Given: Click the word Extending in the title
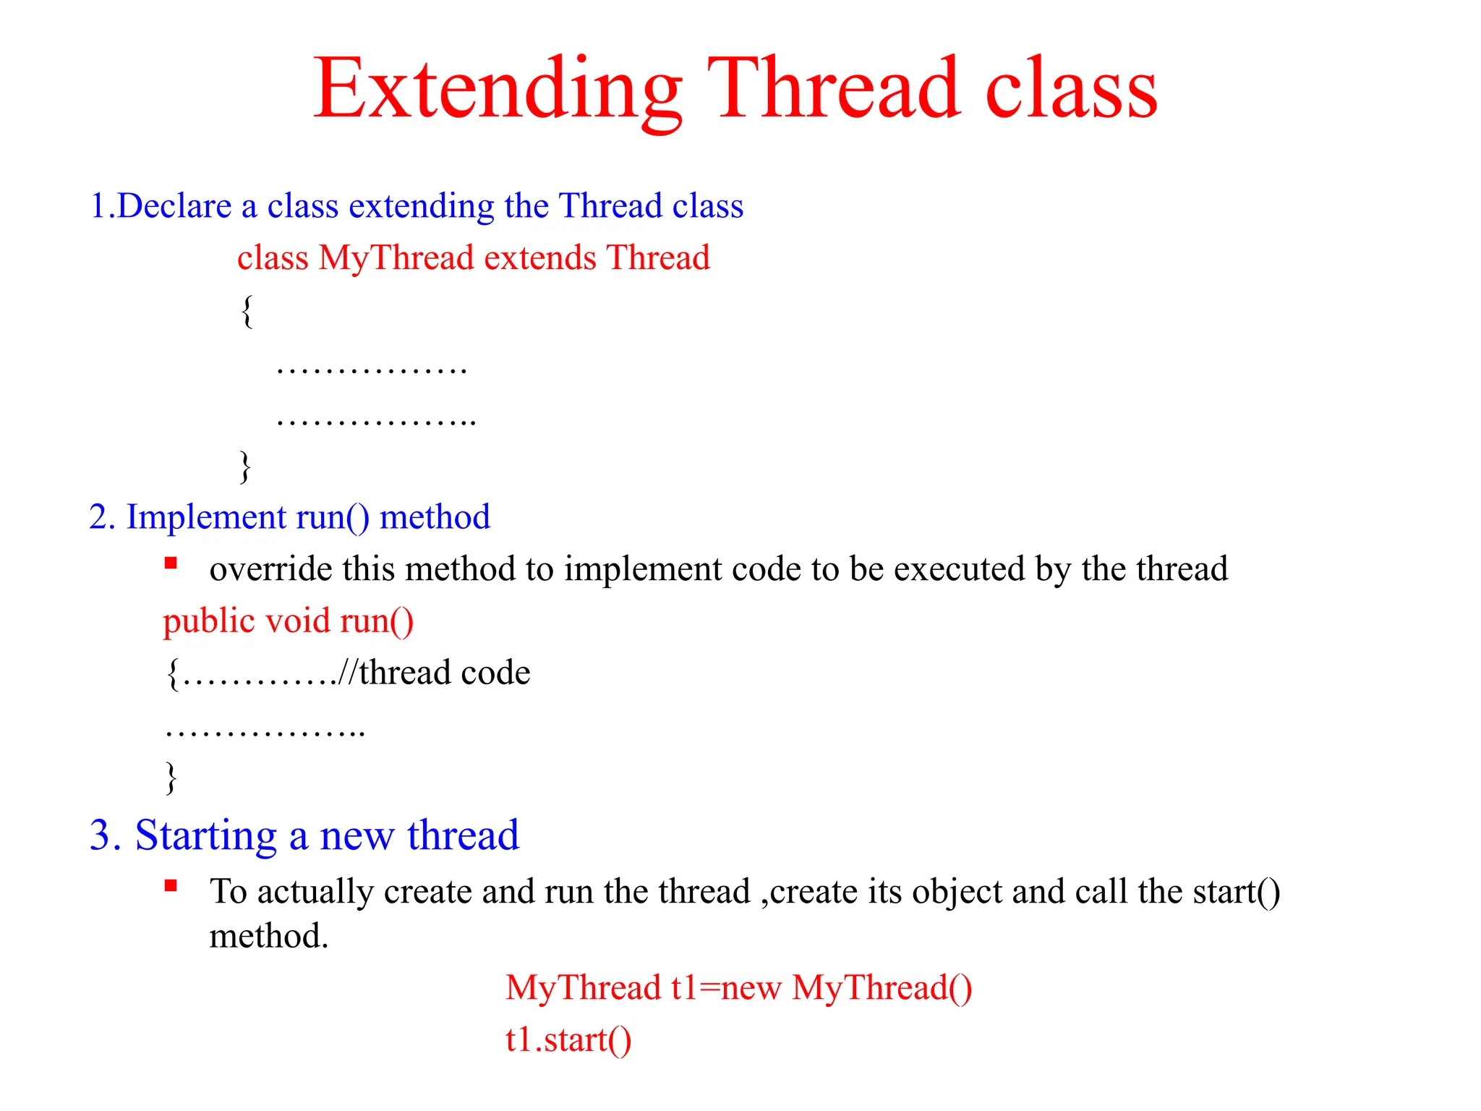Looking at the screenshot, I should tap(498, 90).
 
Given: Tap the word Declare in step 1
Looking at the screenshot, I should tap(174, 206).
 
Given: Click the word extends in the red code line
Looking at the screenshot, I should tap(540, 258).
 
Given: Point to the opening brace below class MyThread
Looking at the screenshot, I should tap(247, 311).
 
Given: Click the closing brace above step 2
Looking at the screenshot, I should tap(246, 467).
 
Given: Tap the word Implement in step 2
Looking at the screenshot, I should tap(206, 518).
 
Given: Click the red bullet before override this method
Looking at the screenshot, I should tap(171, 563).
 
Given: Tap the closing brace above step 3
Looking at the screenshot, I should tap(171, 778).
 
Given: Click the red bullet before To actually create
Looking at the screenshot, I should tap(171, 885).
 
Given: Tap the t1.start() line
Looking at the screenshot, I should tap(568, 1040).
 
